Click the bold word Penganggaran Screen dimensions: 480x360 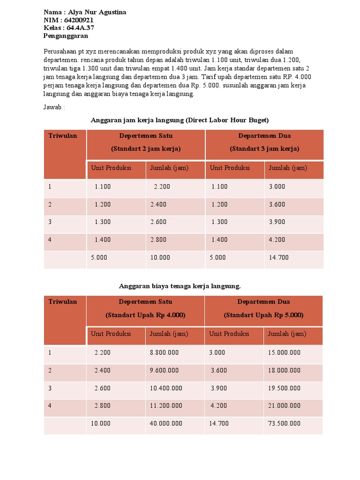click(66, 36)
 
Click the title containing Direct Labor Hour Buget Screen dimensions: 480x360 click(180, 120)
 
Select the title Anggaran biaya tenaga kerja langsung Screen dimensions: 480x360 click(180, 286)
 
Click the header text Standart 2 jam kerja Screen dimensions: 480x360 click(146, 149)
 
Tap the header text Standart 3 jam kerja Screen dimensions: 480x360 click(264, 149)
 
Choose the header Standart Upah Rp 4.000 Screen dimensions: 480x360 click(145, 315)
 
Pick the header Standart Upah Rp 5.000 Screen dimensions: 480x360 click(263, 315)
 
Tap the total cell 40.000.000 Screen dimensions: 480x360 click(166, 424)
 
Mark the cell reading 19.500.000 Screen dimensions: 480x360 click(284, 388)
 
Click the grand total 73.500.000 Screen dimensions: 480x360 click(284, 424)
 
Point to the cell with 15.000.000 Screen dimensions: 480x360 click(284, 352)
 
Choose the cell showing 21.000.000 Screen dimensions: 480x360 click(284, 406)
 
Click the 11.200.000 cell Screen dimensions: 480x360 click(166, 406)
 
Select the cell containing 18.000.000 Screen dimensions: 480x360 click(284, 370)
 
